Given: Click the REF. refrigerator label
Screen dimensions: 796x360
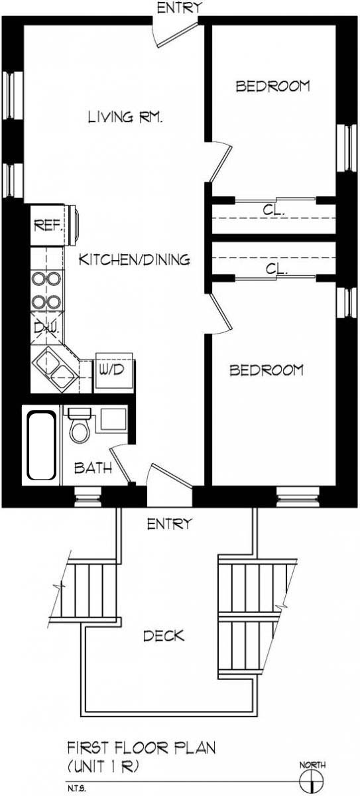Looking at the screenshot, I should (47, 226).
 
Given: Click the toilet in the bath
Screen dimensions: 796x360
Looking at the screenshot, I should (80, 427).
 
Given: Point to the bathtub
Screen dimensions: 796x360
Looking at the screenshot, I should (40, 445).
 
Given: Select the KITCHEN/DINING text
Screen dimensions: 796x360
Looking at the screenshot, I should (135, 259).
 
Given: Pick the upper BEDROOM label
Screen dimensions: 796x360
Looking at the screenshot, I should (273, 86).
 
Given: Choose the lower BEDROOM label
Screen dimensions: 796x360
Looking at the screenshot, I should (267, 369).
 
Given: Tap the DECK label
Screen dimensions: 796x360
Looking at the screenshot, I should (164, 636).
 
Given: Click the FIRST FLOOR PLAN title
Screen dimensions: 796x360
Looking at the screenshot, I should (141, 748).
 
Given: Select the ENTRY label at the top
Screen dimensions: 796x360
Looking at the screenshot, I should (178, 7).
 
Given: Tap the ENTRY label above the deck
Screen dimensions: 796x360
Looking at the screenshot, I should (168, 524).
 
